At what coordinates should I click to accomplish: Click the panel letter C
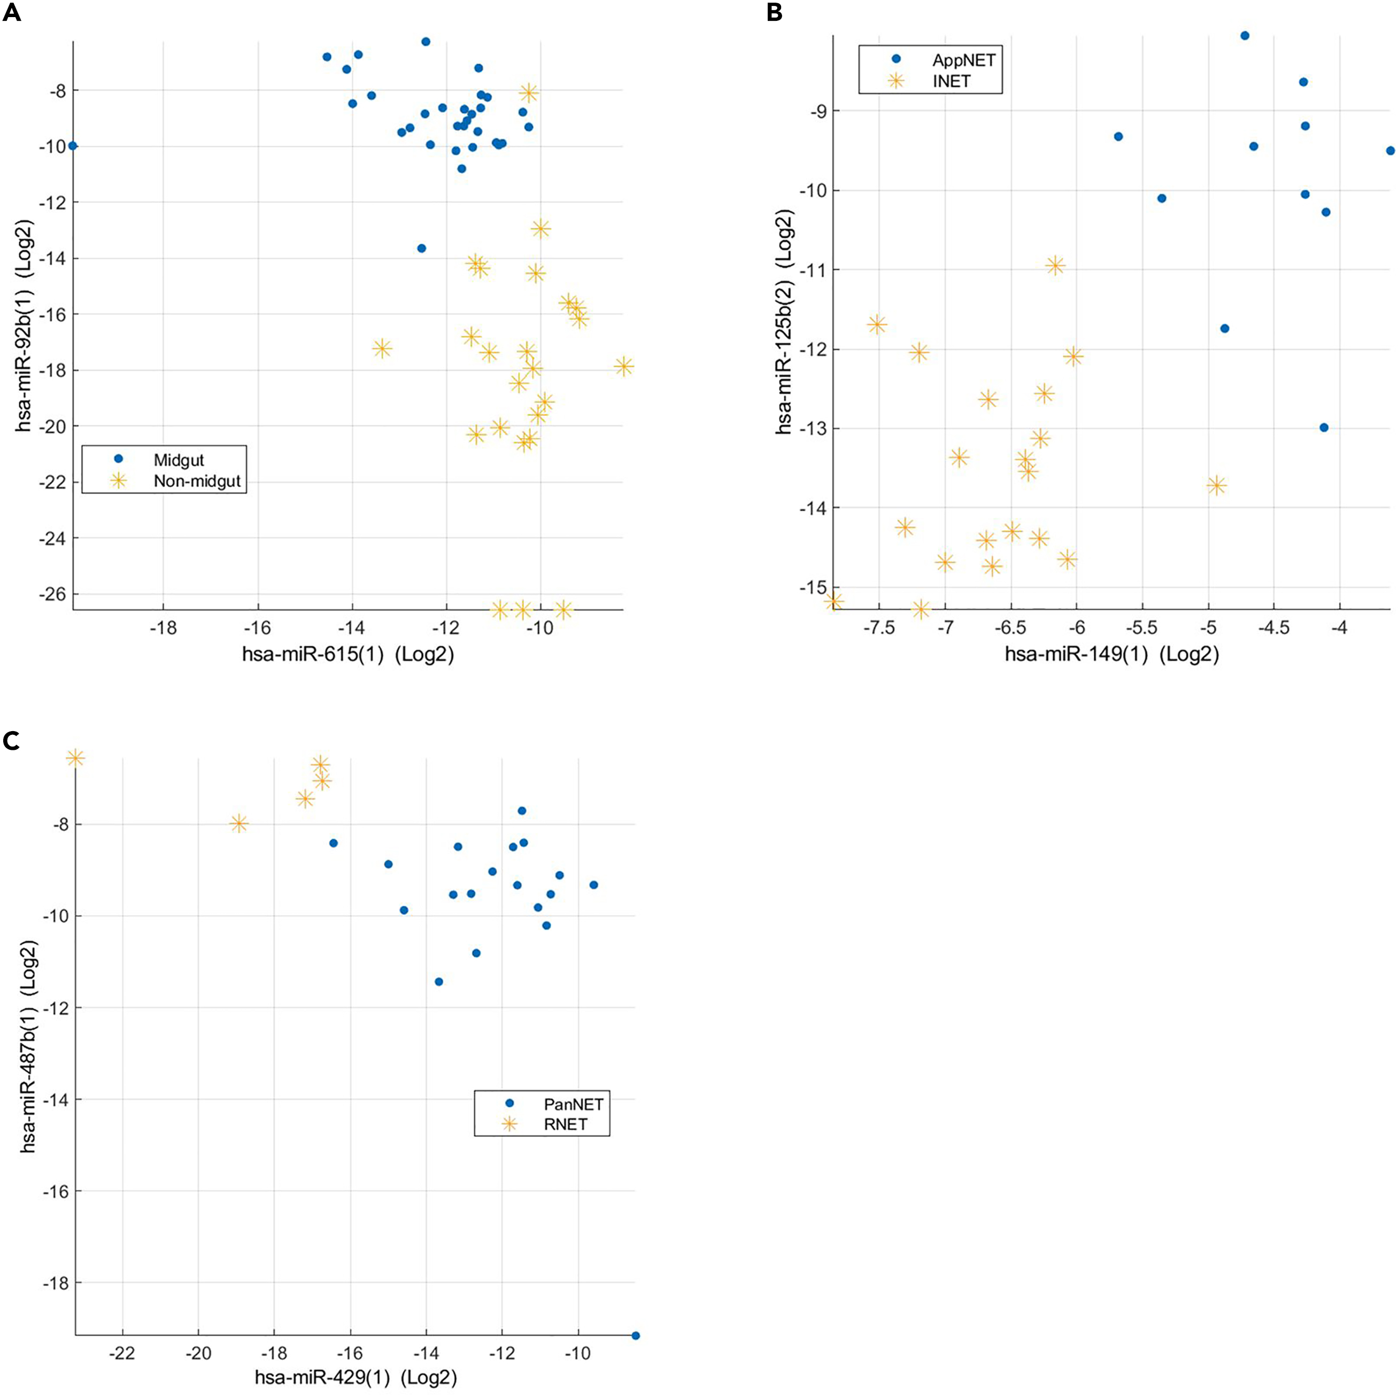click(x=12, y=742)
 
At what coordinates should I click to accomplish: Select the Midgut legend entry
click(x=178, y=460)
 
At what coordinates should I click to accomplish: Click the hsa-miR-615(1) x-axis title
click(x=348, y=655)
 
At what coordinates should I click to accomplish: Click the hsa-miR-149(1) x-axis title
click(x=1111, y=655)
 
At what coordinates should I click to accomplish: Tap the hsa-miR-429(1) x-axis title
click(x=356, y=1377)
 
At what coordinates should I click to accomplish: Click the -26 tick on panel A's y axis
click(x=55, y=594)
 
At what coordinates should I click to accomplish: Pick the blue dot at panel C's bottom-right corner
click(x=635, y=1336)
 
